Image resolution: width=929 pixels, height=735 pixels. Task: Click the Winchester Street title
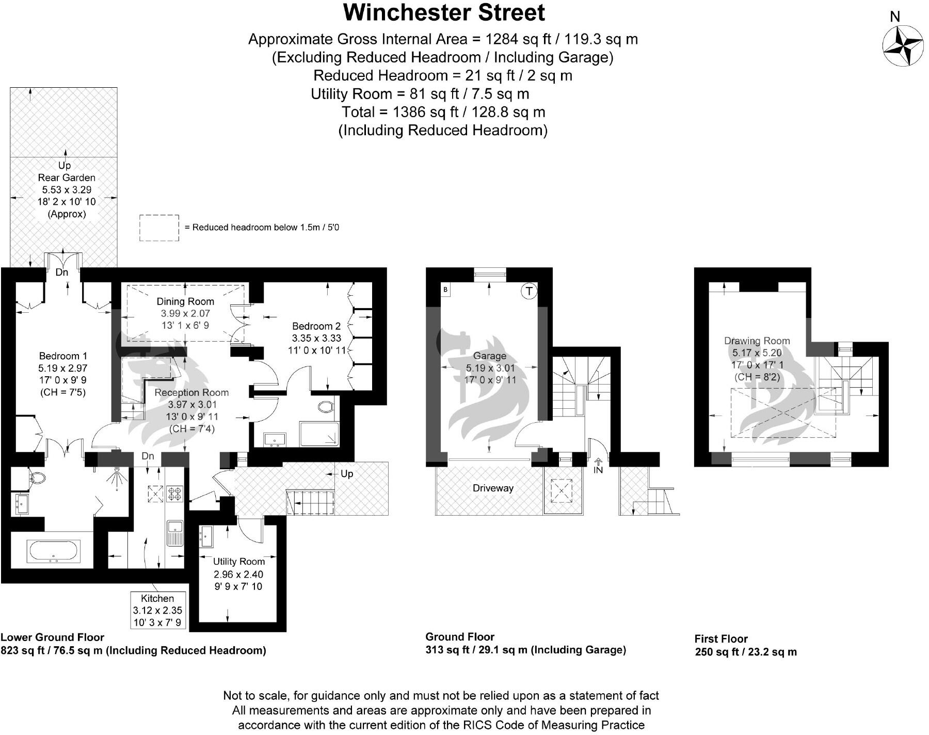pyautogui.click(x=444, y=13)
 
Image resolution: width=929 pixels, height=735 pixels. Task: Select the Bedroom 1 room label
pyautogui.click(x=63, y=356)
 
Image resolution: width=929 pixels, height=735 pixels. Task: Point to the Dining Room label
pyautogui.click(x=185, y=301)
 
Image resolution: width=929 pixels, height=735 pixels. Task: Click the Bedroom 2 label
pyautogui.click(x=316, y=326)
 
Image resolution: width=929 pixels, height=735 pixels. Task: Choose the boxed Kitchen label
pyautogui.click(x=157, y=599)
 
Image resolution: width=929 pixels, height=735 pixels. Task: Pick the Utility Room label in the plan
pyautogui.click(x=239, y=562)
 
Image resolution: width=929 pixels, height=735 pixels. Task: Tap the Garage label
pyautogui.click(x=490, y=356)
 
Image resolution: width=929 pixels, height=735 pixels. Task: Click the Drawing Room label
pyautogui.click(x=757, y=341)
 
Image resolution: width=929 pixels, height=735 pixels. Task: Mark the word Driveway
pyautogui.click(x=493, y=488)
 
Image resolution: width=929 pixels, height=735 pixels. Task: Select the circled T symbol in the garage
pyautogui.click(x=529, y=292)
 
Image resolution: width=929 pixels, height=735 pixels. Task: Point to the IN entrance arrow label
pyautogui.click(x=598, y=470)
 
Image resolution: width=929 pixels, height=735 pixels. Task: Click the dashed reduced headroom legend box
pyautogui.click(x=159, y=228)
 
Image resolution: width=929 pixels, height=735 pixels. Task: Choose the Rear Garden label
pyautogui.click(x=67, y=178)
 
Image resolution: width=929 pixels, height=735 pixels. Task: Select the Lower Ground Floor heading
pyautogui.click(x=53, y=637)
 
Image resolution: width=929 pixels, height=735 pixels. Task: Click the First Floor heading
pyautogui.click(x=721, y=639)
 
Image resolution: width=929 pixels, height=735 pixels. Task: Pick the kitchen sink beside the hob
pyautogui.click(x=175, y=533)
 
